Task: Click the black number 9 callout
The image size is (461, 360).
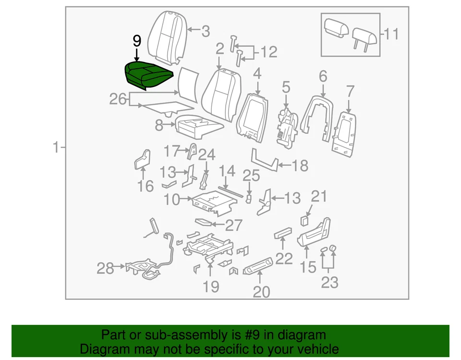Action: pos(137,41)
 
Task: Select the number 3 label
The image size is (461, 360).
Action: pos(206,32)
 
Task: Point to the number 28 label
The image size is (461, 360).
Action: pos(105,268)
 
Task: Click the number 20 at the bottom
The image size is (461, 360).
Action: pos(262,291)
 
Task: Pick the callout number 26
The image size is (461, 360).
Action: pos(118,99)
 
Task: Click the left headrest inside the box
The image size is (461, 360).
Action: pos(336,28)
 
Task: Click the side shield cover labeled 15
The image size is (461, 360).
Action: pos(315,233)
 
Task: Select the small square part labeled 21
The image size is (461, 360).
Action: pos(304,221)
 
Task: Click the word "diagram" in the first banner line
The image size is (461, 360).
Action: pos(302,335)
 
